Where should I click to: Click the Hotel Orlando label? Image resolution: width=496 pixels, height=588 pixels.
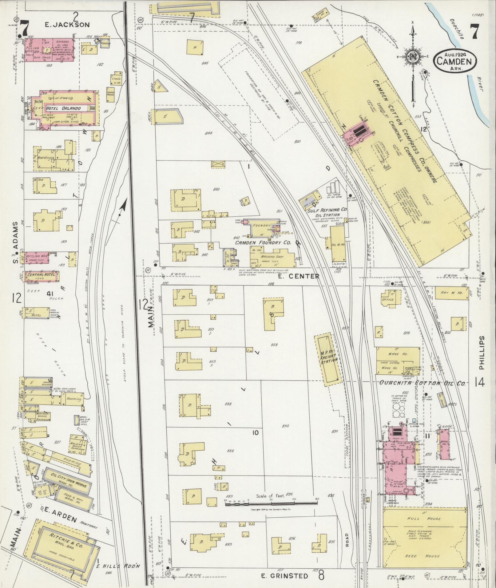[x=63, y=108]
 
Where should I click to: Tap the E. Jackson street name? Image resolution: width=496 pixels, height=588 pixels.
[x=67, y=25]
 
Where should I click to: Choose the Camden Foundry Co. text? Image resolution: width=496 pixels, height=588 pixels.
[x=263, y=243]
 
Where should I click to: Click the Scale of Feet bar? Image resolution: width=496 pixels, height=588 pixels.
[x=271, y=503]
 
